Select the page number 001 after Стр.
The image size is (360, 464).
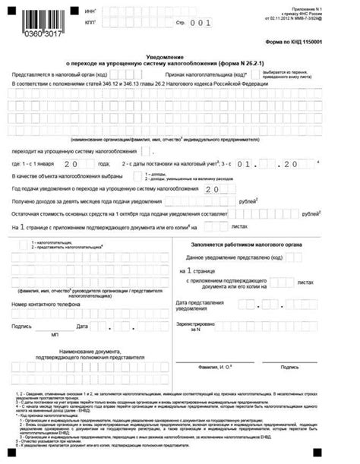pos(203,23)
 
